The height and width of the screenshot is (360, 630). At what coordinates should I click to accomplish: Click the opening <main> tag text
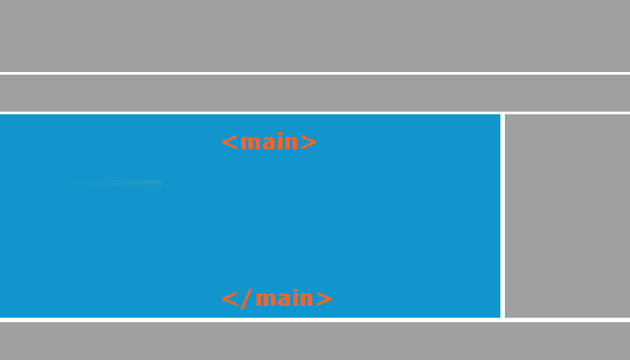[x=269, y=142]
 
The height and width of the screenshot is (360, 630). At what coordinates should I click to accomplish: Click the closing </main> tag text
[x=276, y=299]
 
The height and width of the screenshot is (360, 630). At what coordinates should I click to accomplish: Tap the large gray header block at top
[x=315, y=36]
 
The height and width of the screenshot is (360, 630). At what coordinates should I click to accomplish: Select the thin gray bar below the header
[x=315, y=93]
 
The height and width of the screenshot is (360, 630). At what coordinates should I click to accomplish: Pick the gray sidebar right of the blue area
[x=567, y=215]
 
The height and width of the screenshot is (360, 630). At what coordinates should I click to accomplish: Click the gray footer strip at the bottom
[x=315, y=341]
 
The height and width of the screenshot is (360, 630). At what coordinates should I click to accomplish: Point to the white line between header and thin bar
[x=315, y=73]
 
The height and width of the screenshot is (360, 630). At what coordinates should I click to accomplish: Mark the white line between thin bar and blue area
[x=315, y=112]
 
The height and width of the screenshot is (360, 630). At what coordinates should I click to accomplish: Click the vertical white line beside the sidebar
[x=502, y=215]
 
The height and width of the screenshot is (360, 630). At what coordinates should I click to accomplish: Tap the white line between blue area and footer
[x=315, y=319]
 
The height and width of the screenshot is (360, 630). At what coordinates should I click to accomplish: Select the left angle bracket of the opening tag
[x=229, y=142]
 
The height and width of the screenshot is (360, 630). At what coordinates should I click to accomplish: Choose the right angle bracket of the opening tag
[x=309, y=142]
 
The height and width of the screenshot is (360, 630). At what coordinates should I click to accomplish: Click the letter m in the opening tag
[x=248, y=143]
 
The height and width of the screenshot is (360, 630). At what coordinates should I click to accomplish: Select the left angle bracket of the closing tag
[x=229, y=299]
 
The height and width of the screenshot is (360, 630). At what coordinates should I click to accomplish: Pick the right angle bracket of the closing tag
[x=324, y=299]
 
